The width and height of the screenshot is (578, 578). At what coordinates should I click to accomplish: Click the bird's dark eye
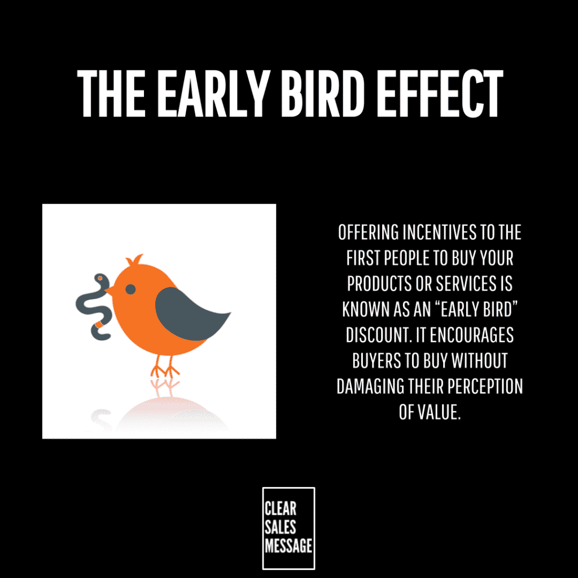pos(130,289)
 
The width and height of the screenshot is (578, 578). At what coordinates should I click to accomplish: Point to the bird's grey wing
pos(188,314)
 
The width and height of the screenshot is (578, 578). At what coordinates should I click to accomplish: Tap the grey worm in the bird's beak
pos(94,306)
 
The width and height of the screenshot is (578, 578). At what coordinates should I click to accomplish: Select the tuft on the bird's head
pos(134,260)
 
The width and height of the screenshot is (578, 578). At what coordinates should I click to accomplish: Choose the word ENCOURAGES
pos(471,335)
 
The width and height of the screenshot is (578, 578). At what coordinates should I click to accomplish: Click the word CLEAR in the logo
pos(280,509)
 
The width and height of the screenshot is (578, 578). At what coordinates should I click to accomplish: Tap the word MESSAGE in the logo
pos(288,546)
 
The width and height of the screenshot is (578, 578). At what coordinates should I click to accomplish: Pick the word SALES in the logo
pos(280,527)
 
